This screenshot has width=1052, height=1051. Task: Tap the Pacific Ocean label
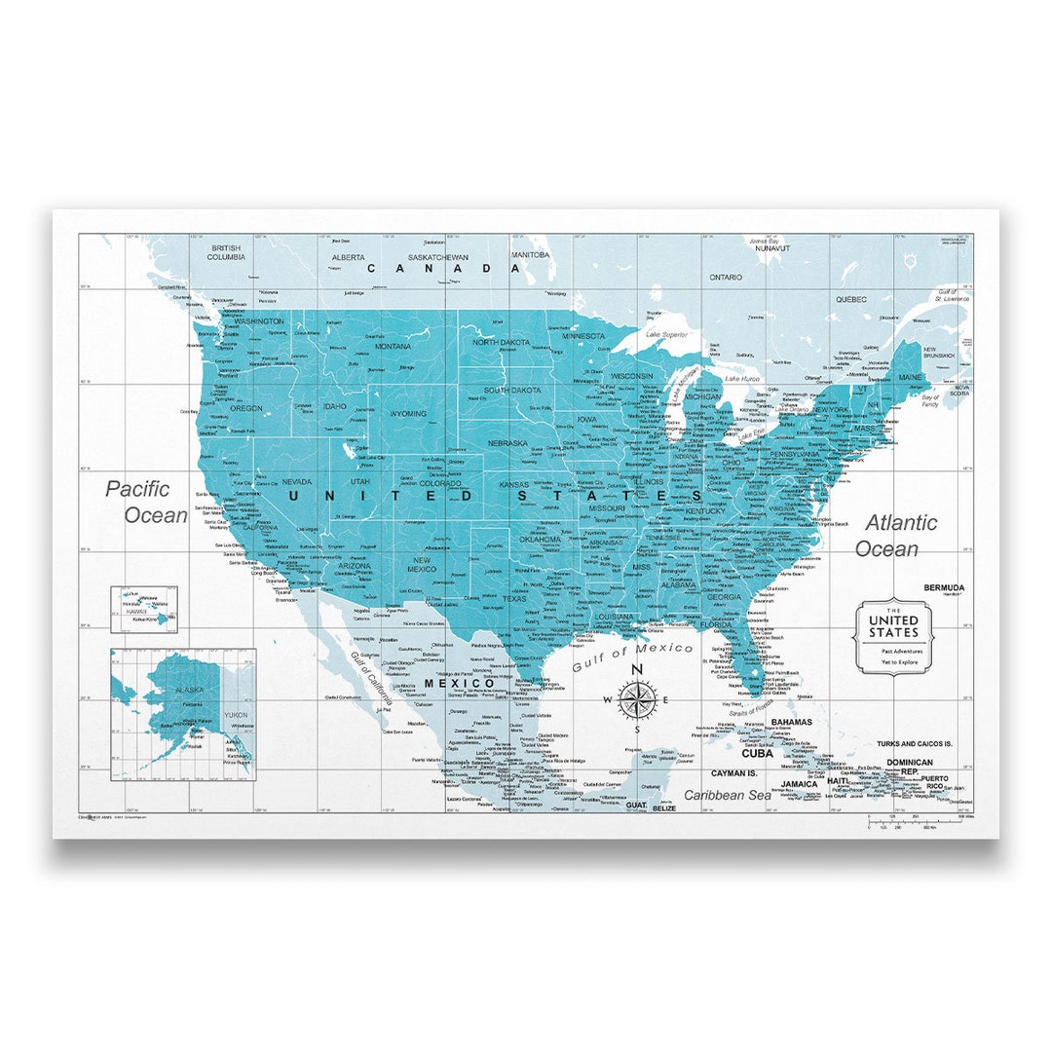point(146,502)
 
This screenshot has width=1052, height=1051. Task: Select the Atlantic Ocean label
point(895,535)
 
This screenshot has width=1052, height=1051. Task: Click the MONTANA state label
point(394,346)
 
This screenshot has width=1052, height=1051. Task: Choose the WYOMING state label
point(407,413)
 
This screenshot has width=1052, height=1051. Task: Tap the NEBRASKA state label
point(507,442)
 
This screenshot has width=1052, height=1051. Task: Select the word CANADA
point(443,268)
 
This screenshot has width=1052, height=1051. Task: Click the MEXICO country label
point(459,683)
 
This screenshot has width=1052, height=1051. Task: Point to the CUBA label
point(757,752)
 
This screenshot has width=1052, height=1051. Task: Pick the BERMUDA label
point(944,587)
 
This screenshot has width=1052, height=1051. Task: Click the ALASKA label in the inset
point(189,690)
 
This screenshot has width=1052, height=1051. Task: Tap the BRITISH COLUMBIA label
point(225,252)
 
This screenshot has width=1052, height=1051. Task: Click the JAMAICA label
point(799,783)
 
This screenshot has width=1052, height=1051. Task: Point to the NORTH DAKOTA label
point(501,342)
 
